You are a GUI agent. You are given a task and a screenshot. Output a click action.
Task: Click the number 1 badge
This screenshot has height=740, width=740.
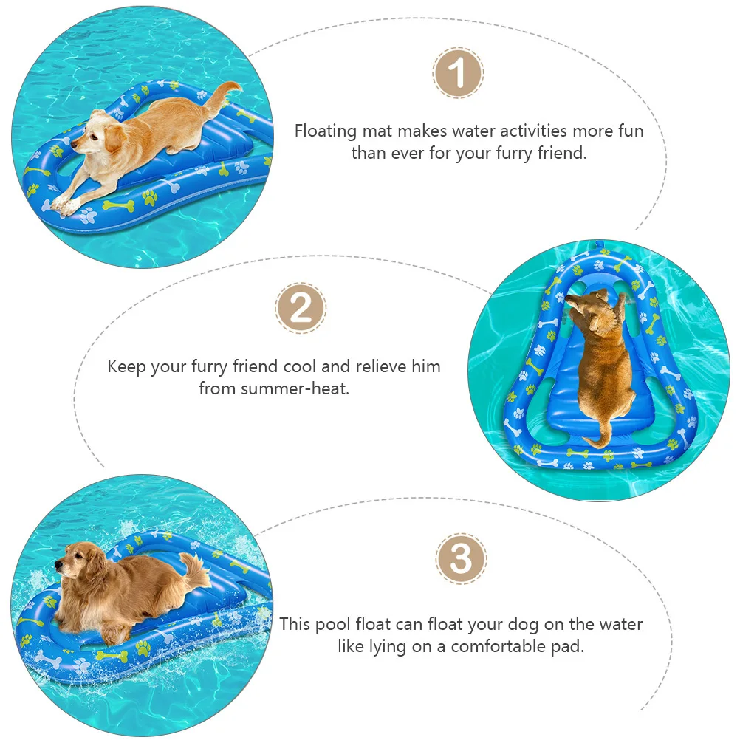point(457,74)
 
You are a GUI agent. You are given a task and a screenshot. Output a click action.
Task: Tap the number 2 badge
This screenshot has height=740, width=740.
point(301,308)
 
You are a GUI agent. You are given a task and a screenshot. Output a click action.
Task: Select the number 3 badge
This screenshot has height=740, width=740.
point(461,559)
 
